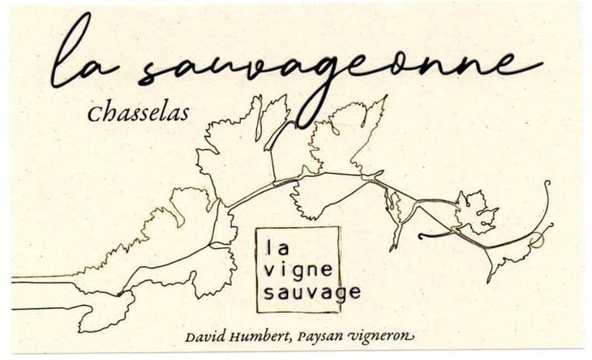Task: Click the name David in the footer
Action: pyautogui.click(x=206, y=336)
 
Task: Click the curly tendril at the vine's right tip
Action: pyautogui.click(x=542, y=219)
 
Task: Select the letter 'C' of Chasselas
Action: pyautogui.click(x=93, y=114)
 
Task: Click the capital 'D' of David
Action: pyautogui.click(x=191, y=336)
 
